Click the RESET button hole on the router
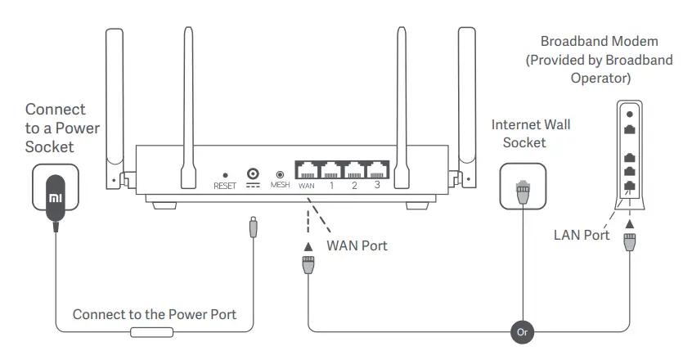225,174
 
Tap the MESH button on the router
281,174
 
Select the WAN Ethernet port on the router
308,170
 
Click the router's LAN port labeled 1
331,170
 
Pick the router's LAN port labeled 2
354,170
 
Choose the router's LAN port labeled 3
377,170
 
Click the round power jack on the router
253,173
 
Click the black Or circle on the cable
523,332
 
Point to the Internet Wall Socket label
531,133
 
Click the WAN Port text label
357,245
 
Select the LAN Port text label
582,235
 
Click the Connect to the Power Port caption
155,314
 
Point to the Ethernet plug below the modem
629,244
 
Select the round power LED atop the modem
629,114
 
